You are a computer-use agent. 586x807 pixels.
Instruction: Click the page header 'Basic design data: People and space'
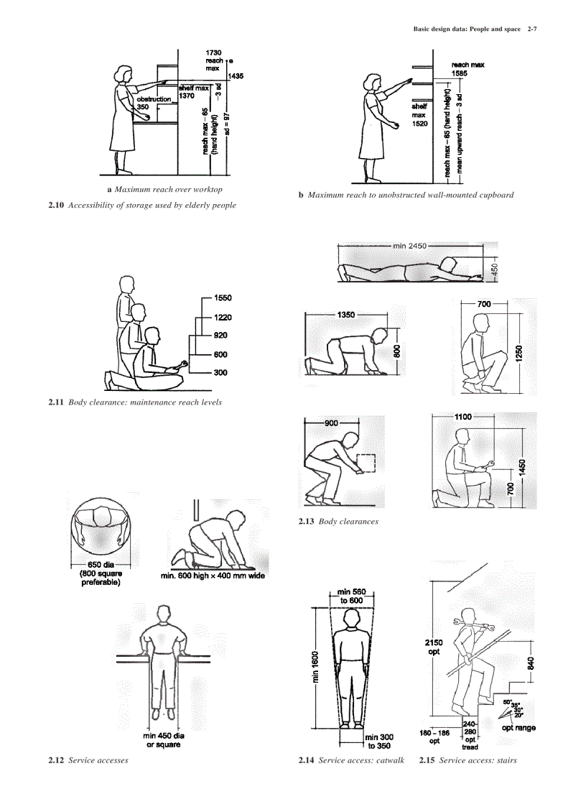[468, 29]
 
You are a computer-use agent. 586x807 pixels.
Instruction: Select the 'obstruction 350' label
[154, 102]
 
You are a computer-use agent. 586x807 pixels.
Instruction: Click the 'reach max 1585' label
[468, 69]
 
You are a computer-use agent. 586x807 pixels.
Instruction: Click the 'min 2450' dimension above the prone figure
[409, 246]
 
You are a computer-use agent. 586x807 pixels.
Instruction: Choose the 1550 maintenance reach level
[223, 298]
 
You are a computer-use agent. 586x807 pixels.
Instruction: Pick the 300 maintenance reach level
[220, 373]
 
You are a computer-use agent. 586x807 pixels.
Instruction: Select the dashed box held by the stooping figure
[367, 464]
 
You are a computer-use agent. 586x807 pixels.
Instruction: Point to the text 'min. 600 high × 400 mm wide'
[213, 576]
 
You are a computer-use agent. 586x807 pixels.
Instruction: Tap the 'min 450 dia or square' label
[163, 739]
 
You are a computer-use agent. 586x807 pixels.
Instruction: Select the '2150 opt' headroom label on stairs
[433, 647]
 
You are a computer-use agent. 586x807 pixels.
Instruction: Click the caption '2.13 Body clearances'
[338, 522]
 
